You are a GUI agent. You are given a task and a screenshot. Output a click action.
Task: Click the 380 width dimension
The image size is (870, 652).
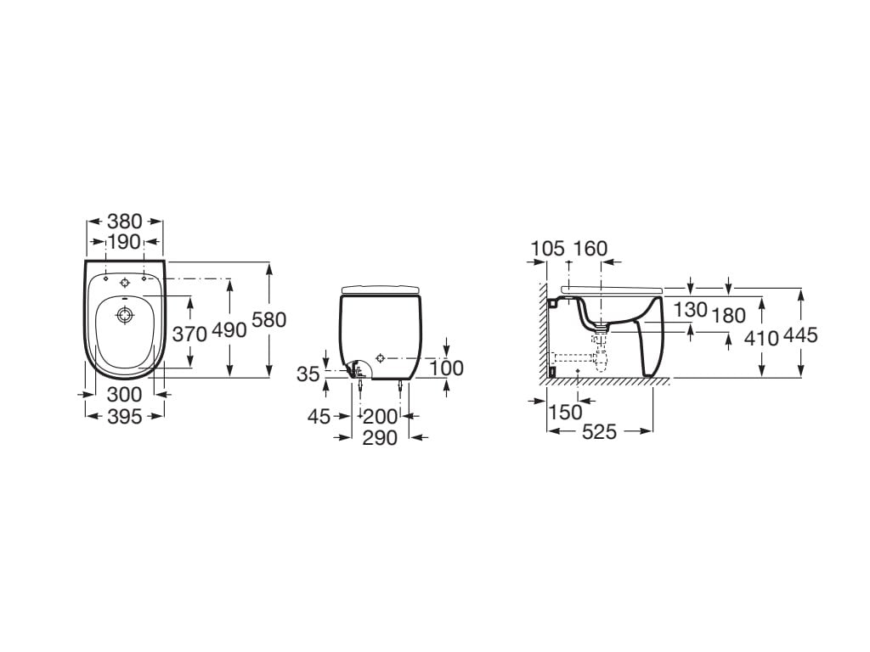point(125,222)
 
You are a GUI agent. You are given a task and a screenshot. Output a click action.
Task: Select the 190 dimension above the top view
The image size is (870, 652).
point(124,242)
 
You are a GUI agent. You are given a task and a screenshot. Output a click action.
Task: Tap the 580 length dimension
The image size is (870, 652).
point(269,320)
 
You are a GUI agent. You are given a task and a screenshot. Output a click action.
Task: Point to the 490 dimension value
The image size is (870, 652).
point(229,330)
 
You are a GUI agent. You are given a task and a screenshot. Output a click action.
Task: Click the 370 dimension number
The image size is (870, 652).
point(189,334)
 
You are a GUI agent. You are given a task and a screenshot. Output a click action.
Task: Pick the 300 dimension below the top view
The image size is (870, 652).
point(124,395)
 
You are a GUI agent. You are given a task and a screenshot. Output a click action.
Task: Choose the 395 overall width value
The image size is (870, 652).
point(124,416)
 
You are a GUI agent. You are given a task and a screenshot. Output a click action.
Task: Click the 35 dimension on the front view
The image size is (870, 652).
point(308,374)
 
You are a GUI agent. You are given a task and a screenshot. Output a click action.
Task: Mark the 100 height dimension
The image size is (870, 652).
point(447,368)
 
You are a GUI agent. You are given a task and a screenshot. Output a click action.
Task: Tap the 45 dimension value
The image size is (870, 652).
point(319,416)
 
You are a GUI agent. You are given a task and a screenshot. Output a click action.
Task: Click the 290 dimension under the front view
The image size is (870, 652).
point(380,438)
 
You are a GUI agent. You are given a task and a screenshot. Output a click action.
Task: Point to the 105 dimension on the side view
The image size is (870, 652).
point(548,249)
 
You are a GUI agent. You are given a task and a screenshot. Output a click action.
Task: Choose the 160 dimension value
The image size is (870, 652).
point(590,249)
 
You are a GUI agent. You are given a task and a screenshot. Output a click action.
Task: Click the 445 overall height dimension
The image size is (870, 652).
point(800,334)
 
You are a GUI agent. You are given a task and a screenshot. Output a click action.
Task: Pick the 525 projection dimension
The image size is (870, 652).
point(599,432)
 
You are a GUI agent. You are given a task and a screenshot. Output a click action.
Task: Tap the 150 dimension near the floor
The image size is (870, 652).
point(565,413)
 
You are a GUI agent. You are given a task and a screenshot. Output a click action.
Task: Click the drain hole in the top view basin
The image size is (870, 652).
point(124,316)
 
